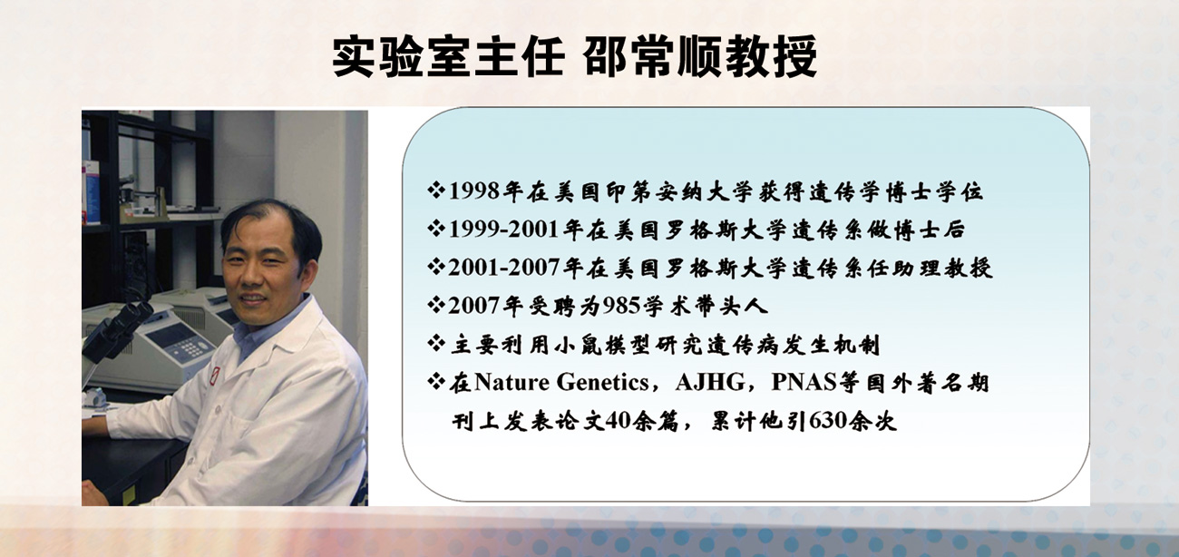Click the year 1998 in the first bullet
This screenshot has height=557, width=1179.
pos(473,191)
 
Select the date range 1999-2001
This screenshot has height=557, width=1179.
pos(503,230)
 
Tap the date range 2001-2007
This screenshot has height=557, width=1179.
pos(503,268)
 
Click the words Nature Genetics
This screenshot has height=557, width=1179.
pos(561,382)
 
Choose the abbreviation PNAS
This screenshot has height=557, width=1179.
pos(804,382)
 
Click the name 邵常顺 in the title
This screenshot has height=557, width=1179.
pos(654,56)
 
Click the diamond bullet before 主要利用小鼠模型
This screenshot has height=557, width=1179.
pos(436,344)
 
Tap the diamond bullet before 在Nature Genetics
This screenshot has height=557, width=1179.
pos(436,381)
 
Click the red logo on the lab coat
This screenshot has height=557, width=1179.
pos(215,376)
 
